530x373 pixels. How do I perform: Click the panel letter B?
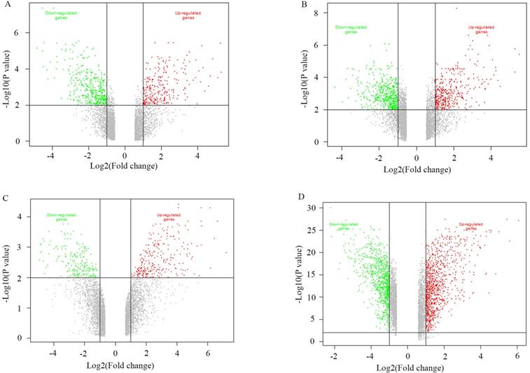tap(283, 6)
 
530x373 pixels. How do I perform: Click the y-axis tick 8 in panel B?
tap(316, 13)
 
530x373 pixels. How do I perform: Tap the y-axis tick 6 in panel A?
tap(23, 33)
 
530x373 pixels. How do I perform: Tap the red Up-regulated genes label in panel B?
tap(481, 29)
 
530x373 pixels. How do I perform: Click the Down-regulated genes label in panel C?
tap(61, 216)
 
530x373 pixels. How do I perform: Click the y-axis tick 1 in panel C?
tap(22, 308)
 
